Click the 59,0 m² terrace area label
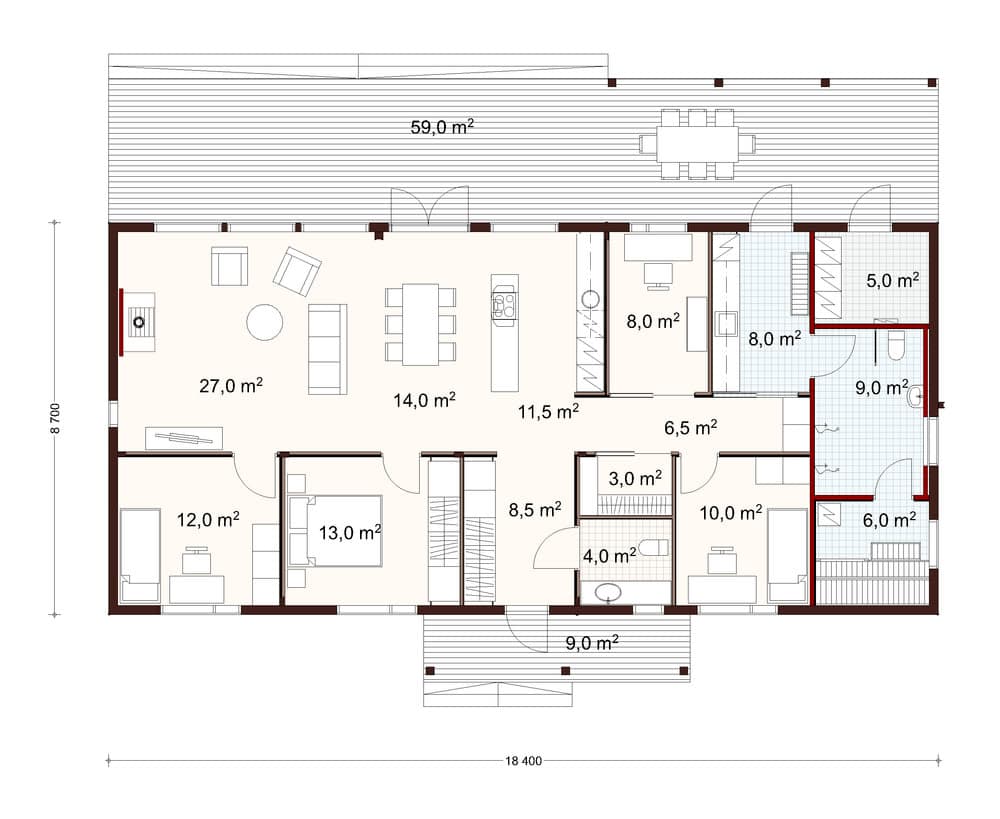[x=442, y=126]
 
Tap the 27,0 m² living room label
[x=231, y=385]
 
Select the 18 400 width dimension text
[x=523, y=760]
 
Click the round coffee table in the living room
[x=265, y=322]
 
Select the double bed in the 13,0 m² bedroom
[x=334, y=531]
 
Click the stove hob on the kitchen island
[x=504, y=301]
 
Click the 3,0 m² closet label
[x=635, y=478]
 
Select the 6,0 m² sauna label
[x=890, y=520]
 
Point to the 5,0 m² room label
[x=892, y=280]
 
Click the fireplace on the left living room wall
[x=137, y=321]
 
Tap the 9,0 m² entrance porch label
[x=592, y=643]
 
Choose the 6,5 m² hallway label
[x=691, y=427]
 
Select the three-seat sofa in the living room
[x=328, y=349]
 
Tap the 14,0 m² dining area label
[x=424, y=401]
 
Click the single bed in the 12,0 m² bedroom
[x=140, y=555]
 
